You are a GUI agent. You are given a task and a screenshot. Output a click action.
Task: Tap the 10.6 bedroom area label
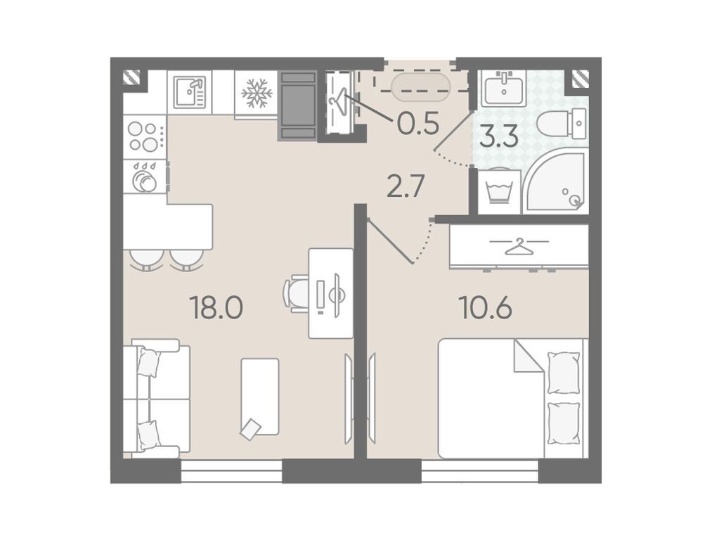tap(486, 308)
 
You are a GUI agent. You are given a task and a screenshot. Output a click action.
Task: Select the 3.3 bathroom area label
tap(499, 136)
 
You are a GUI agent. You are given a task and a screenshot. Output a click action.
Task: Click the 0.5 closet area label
tap(418, 124)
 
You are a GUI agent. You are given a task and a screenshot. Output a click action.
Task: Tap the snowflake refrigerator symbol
tap(257, 94)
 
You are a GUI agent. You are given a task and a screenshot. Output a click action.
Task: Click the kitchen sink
tap(189, 92)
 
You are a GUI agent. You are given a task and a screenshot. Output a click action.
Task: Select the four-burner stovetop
tap(145, 136)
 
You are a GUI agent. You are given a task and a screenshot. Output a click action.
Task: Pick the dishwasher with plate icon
tap(145, 176)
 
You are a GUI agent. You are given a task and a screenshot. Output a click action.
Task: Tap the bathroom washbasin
tap(504, 89)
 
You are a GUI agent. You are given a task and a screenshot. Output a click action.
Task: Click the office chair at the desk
tap(295, 293)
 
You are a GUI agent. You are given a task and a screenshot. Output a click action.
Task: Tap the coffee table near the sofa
tap(260, 397)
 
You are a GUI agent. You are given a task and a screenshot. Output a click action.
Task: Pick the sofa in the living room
tap(157, 399)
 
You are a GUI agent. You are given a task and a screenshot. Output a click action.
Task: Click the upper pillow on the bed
tap(564, 372)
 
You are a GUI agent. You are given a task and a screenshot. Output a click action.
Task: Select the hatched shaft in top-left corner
tap(132, 77)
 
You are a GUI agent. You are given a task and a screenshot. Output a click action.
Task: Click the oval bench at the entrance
tap(420, 87)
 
